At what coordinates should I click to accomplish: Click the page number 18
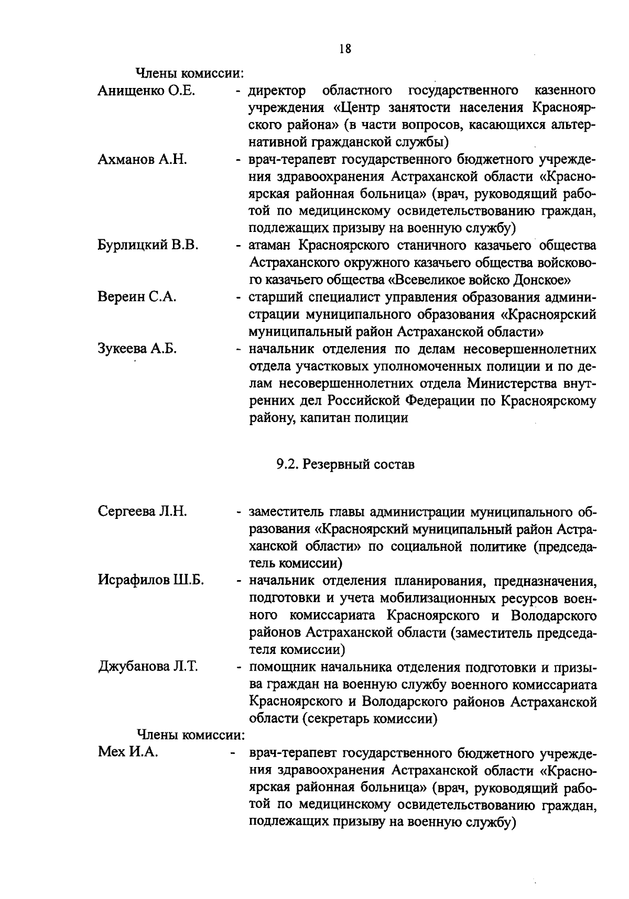click(x=344, y=49)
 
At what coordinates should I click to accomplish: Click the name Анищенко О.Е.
click(x=146, y=91)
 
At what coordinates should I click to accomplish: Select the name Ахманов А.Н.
click(x=142, y=160)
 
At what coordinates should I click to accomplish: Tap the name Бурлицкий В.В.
click(x=148, y=246)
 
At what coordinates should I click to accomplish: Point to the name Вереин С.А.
click(x=137, y=297)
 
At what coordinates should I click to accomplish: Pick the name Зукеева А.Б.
click(x=137, y=349)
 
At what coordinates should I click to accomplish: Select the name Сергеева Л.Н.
click(x=142, y=511)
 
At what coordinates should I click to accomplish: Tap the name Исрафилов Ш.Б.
click(x=151, y=580)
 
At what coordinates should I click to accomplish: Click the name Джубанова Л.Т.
click(x=148, y=667)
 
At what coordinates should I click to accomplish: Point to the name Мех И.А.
click(x=128, y=752)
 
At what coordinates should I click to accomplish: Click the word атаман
click(x=270, y=246)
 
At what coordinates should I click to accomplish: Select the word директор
click(x=277, y=91)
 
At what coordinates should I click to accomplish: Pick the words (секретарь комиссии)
click(x=369, y=718)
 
